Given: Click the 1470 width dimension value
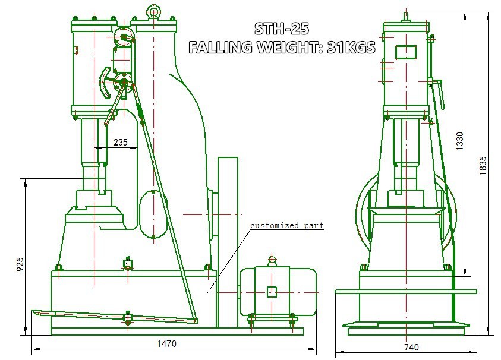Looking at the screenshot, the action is point(166,343).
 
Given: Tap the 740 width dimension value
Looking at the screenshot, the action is point(411,347).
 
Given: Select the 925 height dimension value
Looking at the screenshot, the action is point(20,264).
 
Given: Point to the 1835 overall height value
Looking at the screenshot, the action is point(483,166).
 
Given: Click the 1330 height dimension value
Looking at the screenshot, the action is point(459,141).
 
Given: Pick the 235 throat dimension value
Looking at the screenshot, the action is point(121,142).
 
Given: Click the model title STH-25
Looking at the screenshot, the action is point(282,29).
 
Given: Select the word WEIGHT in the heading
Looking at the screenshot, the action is point(291,48).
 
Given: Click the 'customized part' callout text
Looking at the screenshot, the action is point(286,225).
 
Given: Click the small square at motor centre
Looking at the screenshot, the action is point(271,292).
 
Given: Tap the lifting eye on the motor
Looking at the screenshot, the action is point(272,260).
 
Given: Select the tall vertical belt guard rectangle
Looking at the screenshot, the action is point(228,242).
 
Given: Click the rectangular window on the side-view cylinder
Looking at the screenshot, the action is point(406,52).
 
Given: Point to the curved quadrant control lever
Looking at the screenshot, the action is point(105,82).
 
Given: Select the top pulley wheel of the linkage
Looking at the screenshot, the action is point(124,37).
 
